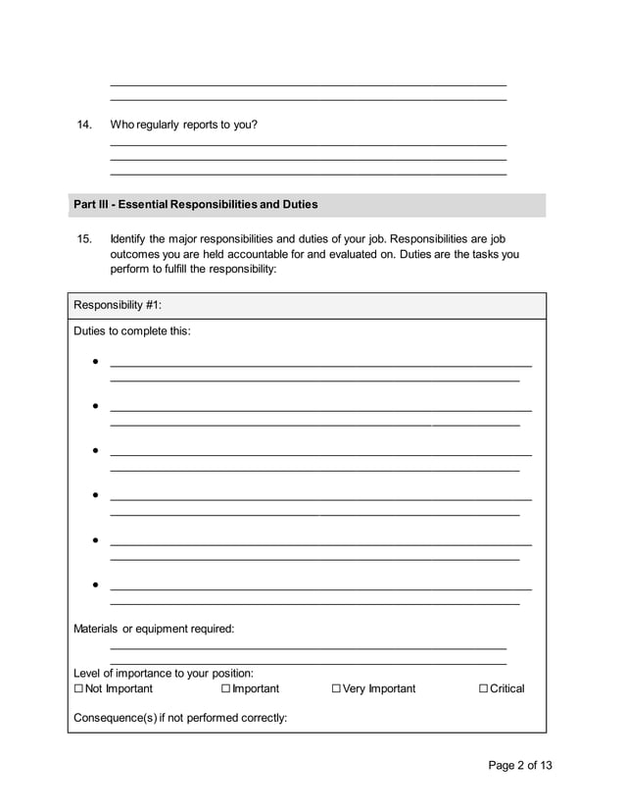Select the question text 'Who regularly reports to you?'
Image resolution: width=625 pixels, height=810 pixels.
click(183, 125)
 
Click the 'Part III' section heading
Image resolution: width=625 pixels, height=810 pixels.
click(195, 205)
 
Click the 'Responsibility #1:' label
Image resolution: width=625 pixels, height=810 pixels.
click(118, 305)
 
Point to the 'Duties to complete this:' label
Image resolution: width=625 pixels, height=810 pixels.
click(132, 330)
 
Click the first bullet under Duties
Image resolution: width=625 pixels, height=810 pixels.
click(95, 362)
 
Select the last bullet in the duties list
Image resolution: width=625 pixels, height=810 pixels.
click(95, 585)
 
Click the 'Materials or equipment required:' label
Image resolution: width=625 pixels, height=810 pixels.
click(154, 629)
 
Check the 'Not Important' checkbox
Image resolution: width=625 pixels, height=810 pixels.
click(78, 689)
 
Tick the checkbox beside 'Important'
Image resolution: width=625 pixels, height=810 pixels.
click(226, 689)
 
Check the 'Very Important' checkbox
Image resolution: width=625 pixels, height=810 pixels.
click(336, 689)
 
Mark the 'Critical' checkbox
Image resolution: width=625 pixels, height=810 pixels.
click(483, 689)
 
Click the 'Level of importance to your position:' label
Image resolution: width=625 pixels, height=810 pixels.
click(164, 673)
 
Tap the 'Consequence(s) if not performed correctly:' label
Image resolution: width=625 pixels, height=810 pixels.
click(180, 717)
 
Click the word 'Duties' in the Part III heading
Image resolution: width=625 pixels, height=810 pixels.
click(300, 205)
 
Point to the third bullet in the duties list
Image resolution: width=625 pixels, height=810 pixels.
click(95, 451)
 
